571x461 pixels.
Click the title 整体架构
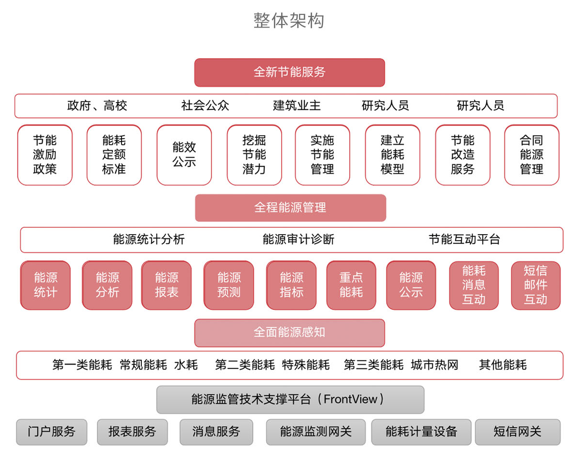point(289,21)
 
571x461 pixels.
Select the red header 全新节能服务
point(289,72)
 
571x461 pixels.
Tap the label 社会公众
point(205,105)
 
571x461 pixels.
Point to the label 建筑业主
point(297,105)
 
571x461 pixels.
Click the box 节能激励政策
point(45,155)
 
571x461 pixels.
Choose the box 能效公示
point(184,155)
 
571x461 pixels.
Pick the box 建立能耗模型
point(393,155)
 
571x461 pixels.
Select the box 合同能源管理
point(531,155)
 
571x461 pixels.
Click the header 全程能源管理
point(290,208)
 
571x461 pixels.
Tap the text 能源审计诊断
point(298,239)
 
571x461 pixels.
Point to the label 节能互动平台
point(464,239)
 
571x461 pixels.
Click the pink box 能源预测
point(229,285)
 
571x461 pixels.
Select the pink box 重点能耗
point(351,285)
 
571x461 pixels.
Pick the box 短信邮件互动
point(535,285)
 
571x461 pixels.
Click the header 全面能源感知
point(289,332)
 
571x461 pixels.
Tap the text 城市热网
point(434,365)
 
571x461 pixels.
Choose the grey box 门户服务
point(52,432)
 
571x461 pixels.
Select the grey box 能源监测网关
point(316,432)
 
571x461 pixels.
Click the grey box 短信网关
point(517,432)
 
